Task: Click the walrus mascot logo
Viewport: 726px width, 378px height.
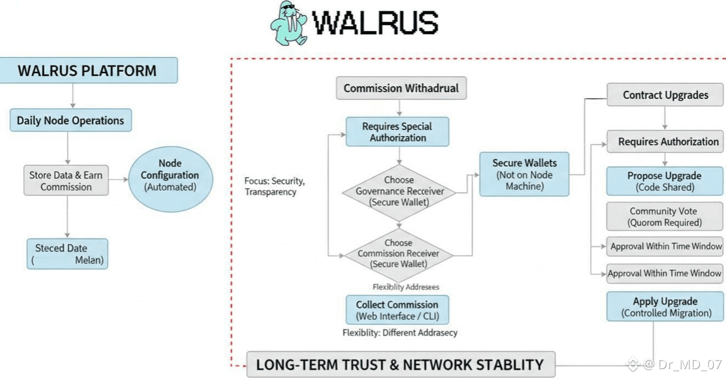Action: click(x=288, y=22)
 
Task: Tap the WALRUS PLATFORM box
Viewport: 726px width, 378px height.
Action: click(x=87, y=70)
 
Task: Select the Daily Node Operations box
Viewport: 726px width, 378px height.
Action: click(x=71, y=121)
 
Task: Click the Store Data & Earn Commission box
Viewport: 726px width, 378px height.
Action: click(x=66, y=181)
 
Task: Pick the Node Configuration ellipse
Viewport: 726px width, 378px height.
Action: click(x=169, y=175)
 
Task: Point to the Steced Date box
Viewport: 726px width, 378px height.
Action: click(x=67, y=254)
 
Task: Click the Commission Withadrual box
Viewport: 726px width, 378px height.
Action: click(x=401, y=88)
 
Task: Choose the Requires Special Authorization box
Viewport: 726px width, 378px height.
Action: click(x=397, y=132)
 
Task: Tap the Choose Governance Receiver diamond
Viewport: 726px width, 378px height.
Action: click(x=399, y=191)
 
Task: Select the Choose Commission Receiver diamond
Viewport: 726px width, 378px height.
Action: click(x=399, y=253)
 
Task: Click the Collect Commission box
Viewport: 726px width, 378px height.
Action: click(x=397, y=310)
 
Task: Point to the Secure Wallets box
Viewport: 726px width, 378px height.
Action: click(x=524, y=174)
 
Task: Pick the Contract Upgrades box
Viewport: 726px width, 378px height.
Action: click(x=665, y=95)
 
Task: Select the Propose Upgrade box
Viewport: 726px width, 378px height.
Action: click(x=665, y=181)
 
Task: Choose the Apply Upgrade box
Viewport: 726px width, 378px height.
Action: click(x=666, y=307)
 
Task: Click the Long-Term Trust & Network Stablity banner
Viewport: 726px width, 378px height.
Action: click(x=400, y=364)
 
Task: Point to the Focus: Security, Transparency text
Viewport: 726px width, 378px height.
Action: click(x=275, y=186)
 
